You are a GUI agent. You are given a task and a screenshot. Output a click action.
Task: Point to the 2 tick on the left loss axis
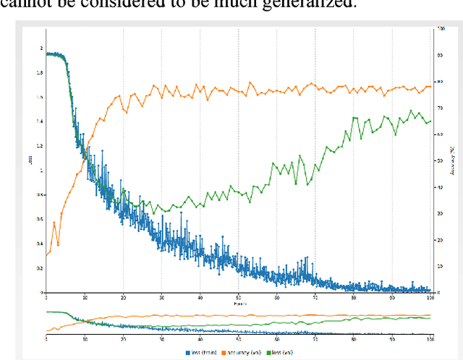click(41, 48)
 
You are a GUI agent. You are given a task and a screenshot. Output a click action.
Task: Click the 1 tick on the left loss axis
click(41, 171)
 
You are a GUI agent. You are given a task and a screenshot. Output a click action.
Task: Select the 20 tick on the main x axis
click(123, 297)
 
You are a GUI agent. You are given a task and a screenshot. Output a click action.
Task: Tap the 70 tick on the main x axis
click(315, 297)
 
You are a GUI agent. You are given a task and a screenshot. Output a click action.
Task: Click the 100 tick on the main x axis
click(430, 297)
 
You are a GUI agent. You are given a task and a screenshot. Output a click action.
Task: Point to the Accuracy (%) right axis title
click(453, 160)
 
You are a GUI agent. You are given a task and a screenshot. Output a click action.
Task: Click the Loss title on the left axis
click(31, 160)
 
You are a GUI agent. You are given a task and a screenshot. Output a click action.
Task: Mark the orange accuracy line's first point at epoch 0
click(46, 254)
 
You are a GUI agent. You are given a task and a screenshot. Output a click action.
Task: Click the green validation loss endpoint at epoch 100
click(430, 121)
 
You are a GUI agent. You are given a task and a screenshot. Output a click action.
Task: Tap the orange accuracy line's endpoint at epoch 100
click(430, 86)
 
